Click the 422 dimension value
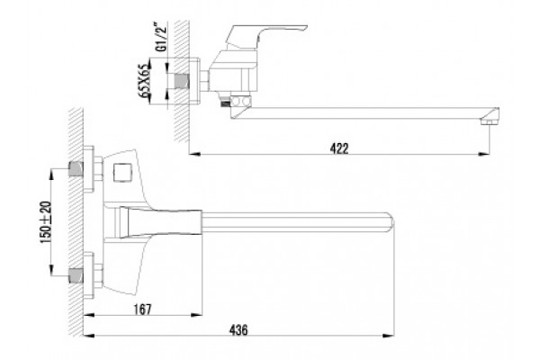pos(339,148)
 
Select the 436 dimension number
pos(238,330)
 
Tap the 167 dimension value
pos(142,310)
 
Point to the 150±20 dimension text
pos(46,222)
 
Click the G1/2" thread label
pos(161,37)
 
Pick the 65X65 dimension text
pos(146,81)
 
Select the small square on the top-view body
pos(121,173)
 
